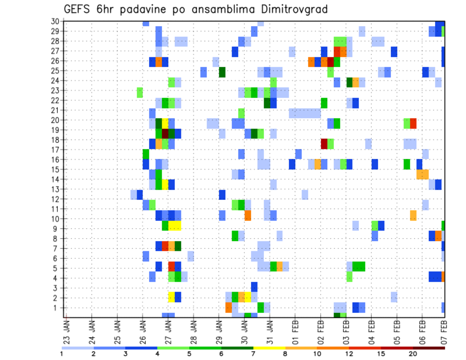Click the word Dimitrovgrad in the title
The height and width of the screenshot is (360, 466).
click(x=289, y=9)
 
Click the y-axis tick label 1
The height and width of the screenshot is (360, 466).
click(x=57, y=308)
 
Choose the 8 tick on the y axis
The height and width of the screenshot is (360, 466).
click(x=57, y=238)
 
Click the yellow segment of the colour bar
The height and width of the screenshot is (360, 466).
click(x=269, y=348)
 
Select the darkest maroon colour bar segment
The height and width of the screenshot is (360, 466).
click(x=429, y=348)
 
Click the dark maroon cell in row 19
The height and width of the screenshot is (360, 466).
click(x=165, y=133)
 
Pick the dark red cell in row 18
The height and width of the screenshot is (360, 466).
click(x=324, y=143)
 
